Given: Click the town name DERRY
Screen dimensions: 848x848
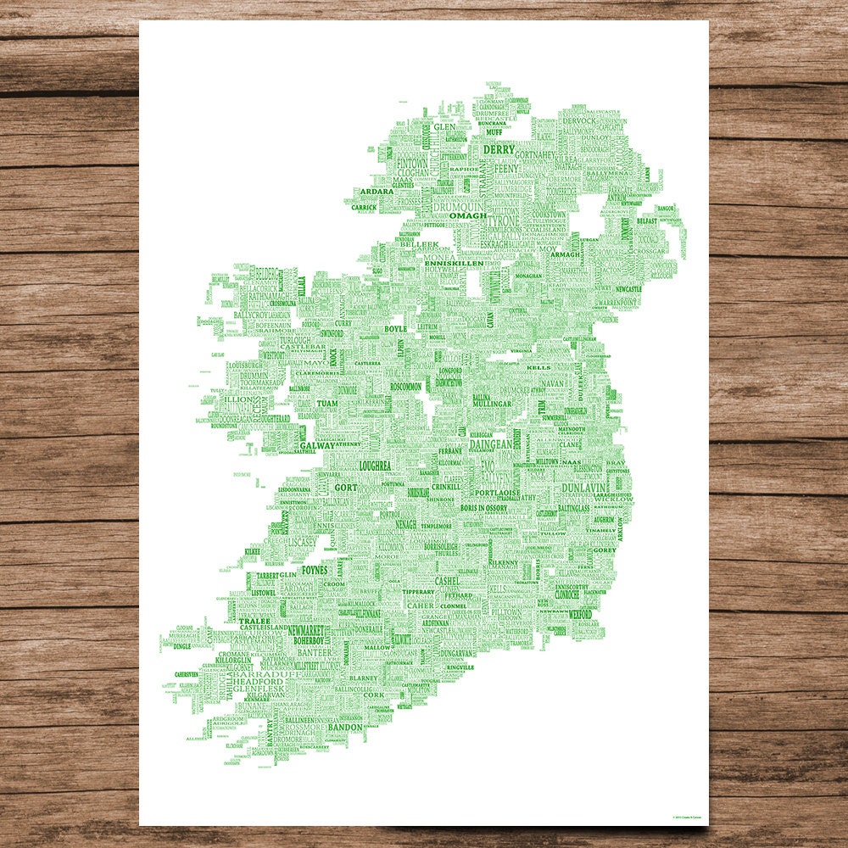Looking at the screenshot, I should point(499,149).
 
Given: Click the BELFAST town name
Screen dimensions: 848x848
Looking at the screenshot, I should point(647,220).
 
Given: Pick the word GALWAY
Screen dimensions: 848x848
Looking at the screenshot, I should point(317,444).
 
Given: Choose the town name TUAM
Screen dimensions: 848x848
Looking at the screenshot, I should point(327,404).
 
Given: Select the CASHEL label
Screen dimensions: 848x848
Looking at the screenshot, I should point(446,581).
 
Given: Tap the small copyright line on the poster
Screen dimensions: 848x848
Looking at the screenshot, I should point(688,817).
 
